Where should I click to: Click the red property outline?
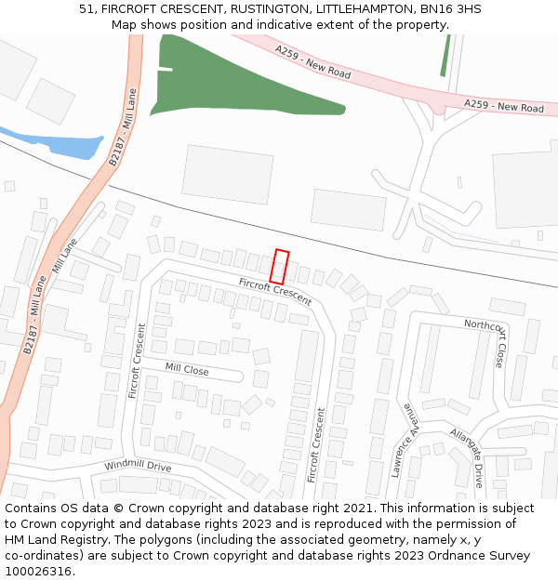[279, 267]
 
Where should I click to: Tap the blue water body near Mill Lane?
[74, 145]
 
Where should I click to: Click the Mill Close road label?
[187, 369]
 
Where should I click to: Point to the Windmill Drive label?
[138, 465]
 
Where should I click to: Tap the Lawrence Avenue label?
[406, 440]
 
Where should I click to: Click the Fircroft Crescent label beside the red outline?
[274, 292]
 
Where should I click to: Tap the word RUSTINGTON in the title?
[267, 8]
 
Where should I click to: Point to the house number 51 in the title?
[86, 8]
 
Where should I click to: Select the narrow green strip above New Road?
[445, 56]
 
